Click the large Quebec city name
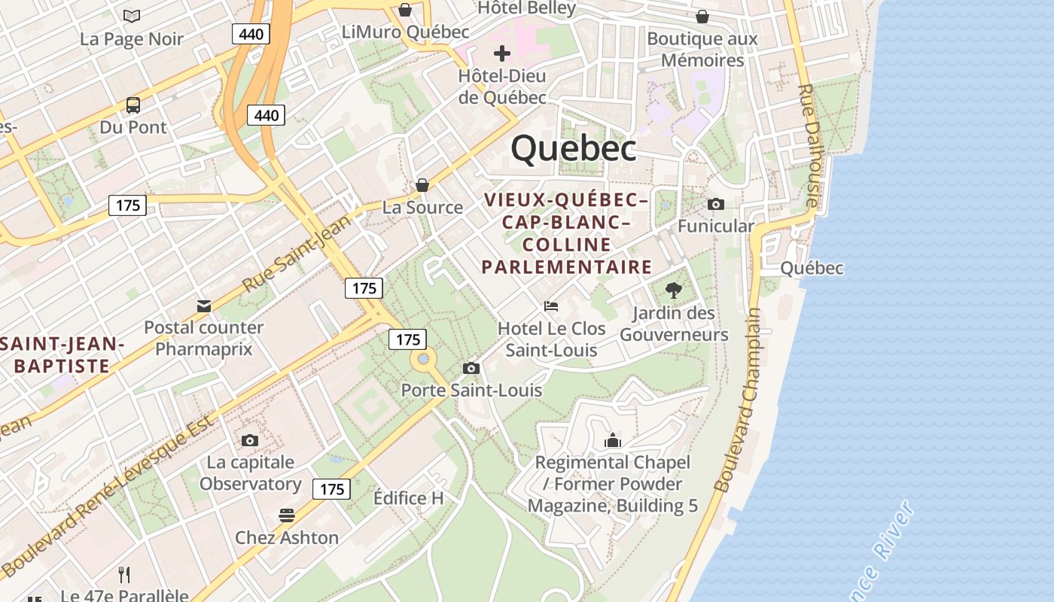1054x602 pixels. pyautogui.click(x=574, y=149)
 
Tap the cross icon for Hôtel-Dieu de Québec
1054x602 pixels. pyautogui.click(x=501, y=53)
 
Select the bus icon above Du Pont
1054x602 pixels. pyautogui.click(x=133, y=105)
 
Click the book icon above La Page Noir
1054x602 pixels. pyautogui.click(x=132, y=17)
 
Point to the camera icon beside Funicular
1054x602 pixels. pyautogui.click(x=715, y=204)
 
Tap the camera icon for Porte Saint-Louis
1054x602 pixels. pyautogui.click(x=471, y=368)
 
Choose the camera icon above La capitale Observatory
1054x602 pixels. pyautogui.click(x=250, y=440)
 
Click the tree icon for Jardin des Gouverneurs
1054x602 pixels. pyautogui.click(x=674, y=290)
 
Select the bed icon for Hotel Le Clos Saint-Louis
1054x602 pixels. pyautogui.click(x=551, y=306)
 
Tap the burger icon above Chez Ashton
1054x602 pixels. pyautogui.click(x=286, y=515)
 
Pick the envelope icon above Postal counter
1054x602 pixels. pyautogui.click(x=203, y=306)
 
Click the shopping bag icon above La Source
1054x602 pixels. pyautogui.click(x=422, y=185)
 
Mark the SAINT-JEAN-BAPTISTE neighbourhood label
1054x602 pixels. pyautogui.click(x=62, y=355)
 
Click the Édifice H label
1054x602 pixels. pyautogui.click(x=409, y=498)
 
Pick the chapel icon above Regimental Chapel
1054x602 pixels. pyautogui.click(x=613, y=440)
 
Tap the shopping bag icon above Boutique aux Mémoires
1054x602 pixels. pyautogui.click(x=702, y=17)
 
